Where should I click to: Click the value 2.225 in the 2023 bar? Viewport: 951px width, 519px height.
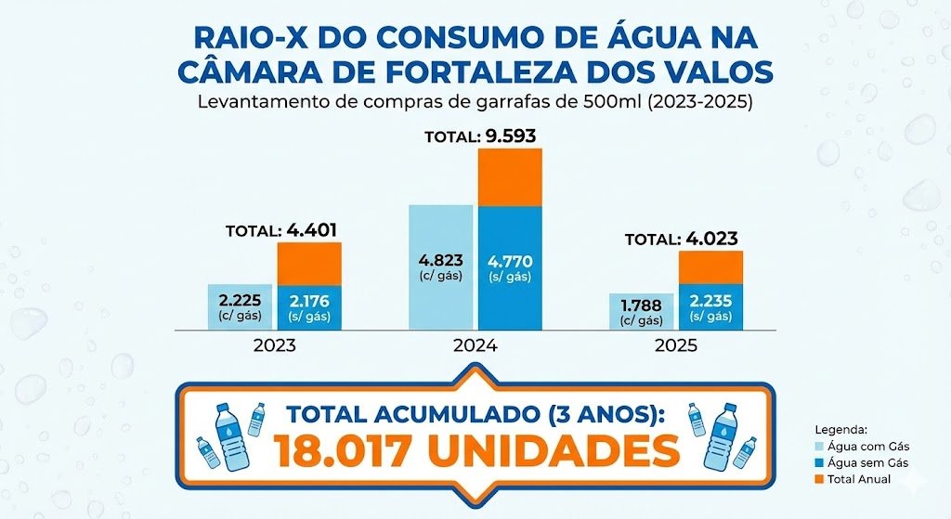[x=241, y=300]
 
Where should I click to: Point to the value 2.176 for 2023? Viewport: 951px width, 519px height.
[x=309, y=300]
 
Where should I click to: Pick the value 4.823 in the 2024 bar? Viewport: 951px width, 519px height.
[x=441, y=261]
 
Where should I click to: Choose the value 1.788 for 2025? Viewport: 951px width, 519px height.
[x=642, y=305]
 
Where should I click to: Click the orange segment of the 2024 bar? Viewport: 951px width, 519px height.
[x=510, y=176]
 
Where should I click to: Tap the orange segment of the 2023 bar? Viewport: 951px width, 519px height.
[x=309, y=264]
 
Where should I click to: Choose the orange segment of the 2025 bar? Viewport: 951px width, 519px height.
[x=710, y=267]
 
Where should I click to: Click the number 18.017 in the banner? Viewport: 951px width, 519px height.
[x=340, y=451]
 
